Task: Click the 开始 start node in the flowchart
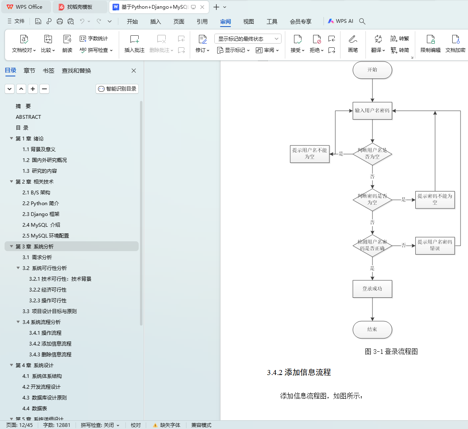(x=372, y=70)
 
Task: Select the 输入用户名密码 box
(x=372, y=111)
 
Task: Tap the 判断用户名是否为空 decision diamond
(x=372, y=154)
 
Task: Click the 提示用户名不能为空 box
(x=309, y=154)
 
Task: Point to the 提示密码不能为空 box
(x=435, y=199)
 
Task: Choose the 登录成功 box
(x=372, y=289)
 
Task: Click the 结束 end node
(x=372, y=330)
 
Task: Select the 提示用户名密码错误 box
(x=435, y=245)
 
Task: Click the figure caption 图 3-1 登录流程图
(x=391, y=352)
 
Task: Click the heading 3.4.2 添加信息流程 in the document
(x=299, y=373)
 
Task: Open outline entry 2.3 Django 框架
(x=41, y=214)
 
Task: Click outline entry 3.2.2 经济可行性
(x=48, y=290)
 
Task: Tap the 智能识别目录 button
(x=117, y=89)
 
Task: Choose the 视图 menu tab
(x=248, y=22)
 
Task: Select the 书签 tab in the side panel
(x=49, y=71)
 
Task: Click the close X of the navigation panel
(x=134, y=71)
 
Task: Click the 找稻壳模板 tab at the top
(x=80, y=7)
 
